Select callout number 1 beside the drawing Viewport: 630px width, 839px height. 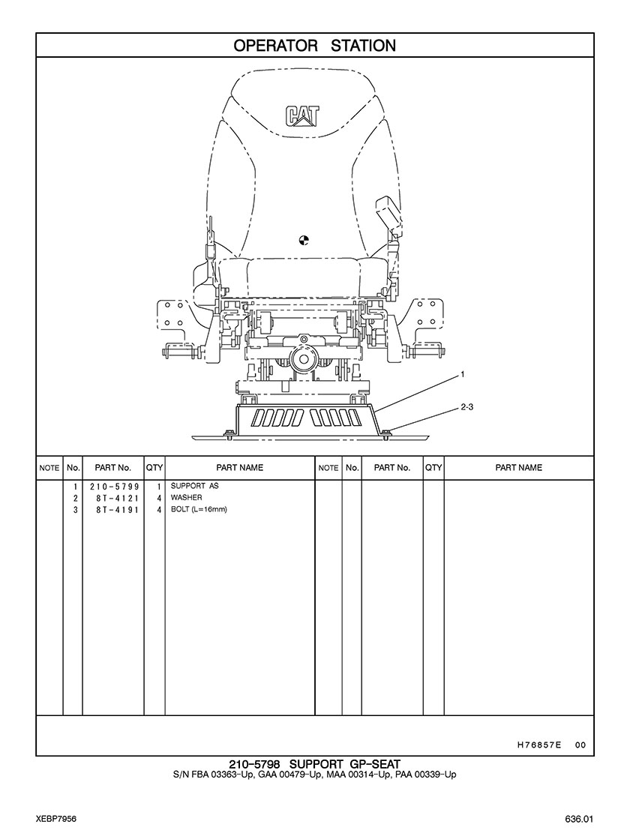point(463,375)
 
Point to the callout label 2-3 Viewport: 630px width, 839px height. point(466,407)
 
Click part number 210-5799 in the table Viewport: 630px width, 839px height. point(114,487)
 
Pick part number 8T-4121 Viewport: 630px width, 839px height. point(117,498)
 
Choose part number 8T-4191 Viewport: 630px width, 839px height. point(117,510)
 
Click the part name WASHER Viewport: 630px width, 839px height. point(186,498)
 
